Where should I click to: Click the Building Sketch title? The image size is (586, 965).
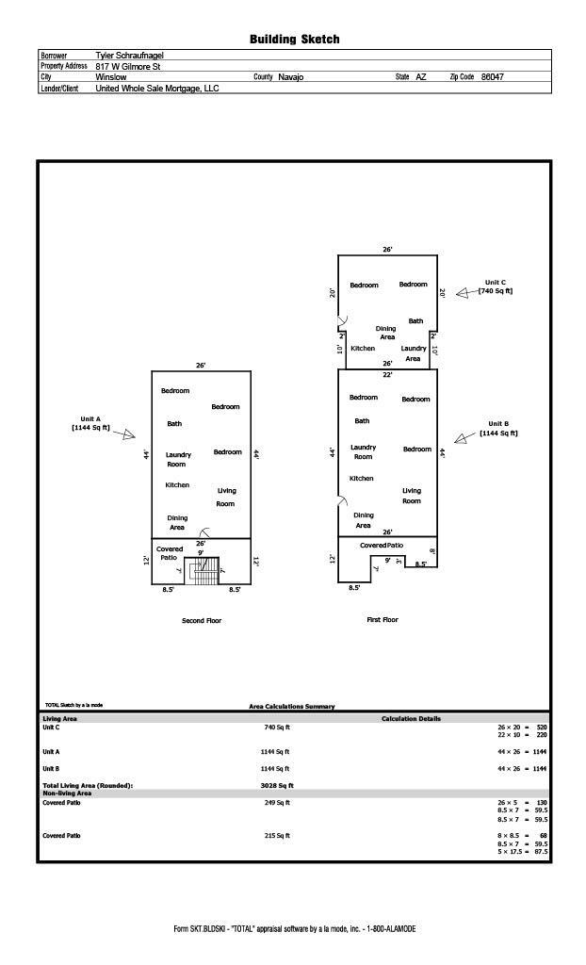pyautogui.click(x=294, y=39)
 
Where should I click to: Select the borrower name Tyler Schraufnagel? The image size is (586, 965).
pyautogui.click(x=130, y=56)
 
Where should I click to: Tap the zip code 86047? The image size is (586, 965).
pyautogui.click(x=492, y=77)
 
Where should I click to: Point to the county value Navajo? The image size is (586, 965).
pyautogui.click(x=291, y=77)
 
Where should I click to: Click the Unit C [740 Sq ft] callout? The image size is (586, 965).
pyautogui.click(x=496, y=286)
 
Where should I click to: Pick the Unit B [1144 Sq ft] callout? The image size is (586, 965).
pyautogui.click(x=498, y=429)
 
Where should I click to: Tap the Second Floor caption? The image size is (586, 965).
pyautogui.click(x=202, y=621)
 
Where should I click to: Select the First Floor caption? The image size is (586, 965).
pyautogui.click(x=383, y=620)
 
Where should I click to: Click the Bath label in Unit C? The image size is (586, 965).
pyautogui.click(x=415, y=321)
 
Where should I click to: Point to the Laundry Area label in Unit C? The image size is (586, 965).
pyautogui.click(x=414, y=353)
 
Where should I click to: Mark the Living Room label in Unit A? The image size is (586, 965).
pyautogui.click(x=226, y=497)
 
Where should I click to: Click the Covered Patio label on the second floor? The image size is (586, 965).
pyautogui.click(x=170, y=553)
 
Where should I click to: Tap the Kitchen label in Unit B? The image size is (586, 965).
pyautogui.click(x=362, y=479)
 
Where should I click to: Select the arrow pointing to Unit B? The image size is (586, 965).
pyautogui.click(x=463, y=438)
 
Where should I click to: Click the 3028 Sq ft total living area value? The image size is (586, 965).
pyautogui.click(x=277, y=785)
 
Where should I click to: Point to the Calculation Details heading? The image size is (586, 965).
pyautogui.click(x=411, y=719)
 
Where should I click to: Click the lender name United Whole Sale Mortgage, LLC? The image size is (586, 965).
pyautogui.click(x=156, y=89)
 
